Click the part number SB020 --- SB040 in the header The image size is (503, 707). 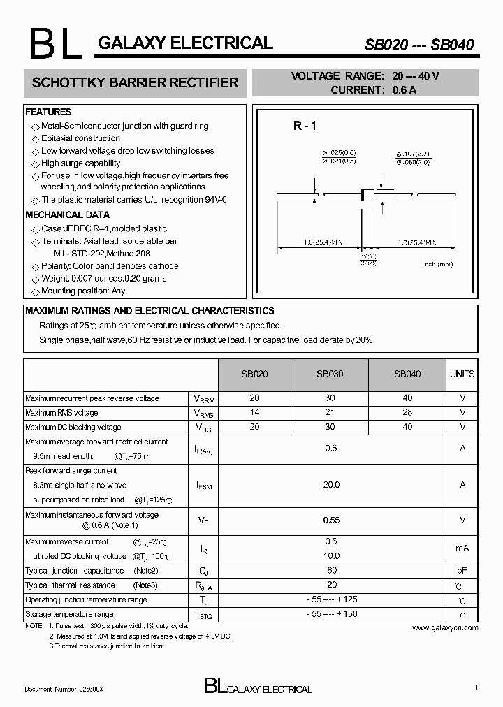pyautogui.click(x=419, y=45)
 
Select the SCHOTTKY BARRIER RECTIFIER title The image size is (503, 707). pyautogui.click(x=136, y=82)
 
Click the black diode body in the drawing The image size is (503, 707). pyautogui.click(x=366, y=195)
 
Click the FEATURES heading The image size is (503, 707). pyautogui.click(x=48, y=112)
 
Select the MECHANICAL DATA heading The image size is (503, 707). pyautogui.click(x=67, y=215)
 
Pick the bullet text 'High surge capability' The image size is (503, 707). pyautogui.click(x=80, y=163)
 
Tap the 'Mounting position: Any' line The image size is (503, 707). pyautogui.click(x=83, y=291)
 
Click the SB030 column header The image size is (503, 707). pyautogui.click(x=330, y=374)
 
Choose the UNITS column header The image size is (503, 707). pyautogui.click(x=462, y=374)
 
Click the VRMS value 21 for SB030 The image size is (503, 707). pyautogui.click(x=330, y=413)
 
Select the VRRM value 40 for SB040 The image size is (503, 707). pyautogui.click(x=407, y=398)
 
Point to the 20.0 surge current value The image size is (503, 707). pyautogui.click(x=331, y=484)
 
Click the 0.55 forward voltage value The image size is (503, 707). pyautogui.click(x=331, y=520)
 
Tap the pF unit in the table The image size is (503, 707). pyautogui.click(x=462, y=571)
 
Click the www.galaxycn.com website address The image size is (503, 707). pyautogui.click(x=445, y=628)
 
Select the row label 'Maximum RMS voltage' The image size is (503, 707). pyautogui.click(x=61, y=413)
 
